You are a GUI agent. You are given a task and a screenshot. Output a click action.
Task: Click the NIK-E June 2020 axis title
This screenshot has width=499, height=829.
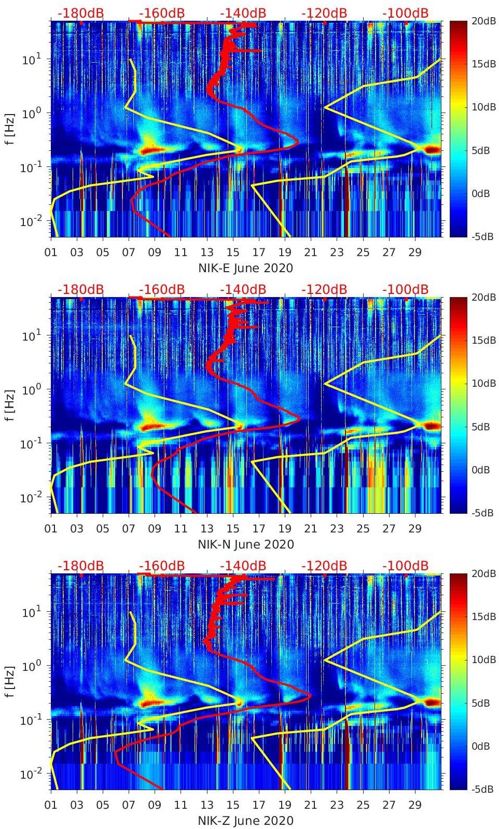(245, 268)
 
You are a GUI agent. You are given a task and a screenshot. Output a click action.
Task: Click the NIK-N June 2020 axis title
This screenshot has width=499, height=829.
(245, 544)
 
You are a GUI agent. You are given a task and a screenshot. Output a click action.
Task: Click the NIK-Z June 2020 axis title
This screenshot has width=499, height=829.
(245, 821)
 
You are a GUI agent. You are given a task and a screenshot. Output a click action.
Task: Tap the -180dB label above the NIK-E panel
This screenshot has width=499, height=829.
(80, 13)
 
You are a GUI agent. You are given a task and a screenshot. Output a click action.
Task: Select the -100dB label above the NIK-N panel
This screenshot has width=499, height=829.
(405, 289)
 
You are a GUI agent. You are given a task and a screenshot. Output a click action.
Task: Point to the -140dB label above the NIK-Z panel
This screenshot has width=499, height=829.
(243, 566)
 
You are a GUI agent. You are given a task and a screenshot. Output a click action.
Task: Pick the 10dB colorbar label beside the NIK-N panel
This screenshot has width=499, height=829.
(484, 384)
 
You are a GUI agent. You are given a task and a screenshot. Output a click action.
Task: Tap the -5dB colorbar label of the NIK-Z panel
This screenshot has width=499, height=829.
(483, 790)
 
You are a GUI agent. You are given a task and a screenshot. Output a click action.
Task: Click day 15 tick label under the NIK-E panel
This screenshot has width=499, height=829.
(233, 253)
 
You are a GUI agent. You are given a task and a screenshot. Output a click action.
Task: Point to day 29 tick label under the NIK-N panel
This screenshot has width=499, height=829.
(415, 529)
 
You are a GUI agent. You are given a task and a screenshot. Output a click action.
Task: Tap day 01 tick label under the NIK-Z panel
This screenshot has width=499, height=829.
(51, 806)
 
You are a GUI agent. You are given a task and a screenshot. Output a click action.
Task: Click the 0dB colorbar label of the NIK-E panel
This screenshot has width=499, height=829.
(484, 194)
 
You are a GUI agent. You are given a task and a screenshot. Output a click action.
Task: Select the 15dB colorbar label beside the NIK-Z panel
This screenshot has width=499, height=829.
(484, 617)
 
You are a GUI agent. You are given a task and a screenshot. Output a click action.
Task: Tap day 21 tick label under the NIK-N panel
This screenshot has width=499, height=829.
(311, 529)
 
